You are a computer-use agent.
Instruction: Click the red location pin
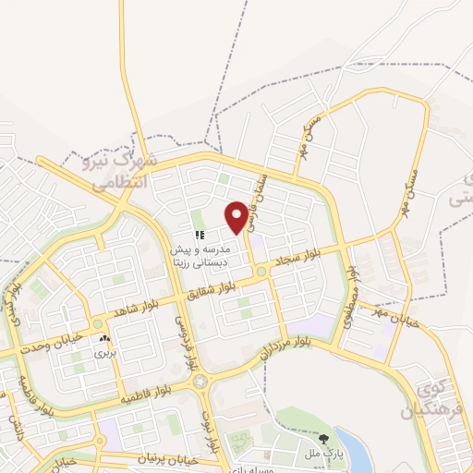237,214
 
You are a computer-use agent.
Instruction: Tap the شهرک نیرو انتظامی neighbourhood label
121,172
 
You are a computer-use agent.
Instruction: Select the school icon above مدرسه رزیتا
199,235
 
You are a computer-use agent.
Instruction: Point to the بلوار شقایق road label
212,287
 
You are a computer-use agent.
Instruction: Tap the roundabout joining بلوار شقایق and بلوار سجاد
262,272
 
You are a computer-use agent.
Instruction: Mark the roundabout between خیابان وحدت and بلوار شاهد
98,323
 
